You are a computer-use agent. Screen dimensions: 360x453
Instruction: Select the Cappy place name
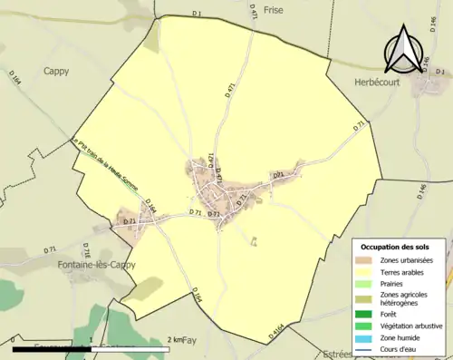click(x=57, y=70)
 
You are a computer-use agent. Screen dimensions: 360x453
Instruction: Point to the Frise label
click(x=273, y=10)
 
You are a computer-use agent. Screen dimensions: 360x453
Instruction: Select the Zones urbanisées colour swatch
click(x=366, y=261)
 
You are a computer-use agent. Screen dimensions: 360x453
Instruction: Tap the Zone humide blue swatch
click(x=366, y=337)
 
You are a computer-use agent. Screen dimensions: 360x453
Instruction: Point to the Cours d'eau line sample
click(x=366, y=349)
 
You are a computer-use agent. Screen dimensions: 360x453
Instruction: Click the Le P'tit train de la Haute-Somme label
click(x=109, y=168)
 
